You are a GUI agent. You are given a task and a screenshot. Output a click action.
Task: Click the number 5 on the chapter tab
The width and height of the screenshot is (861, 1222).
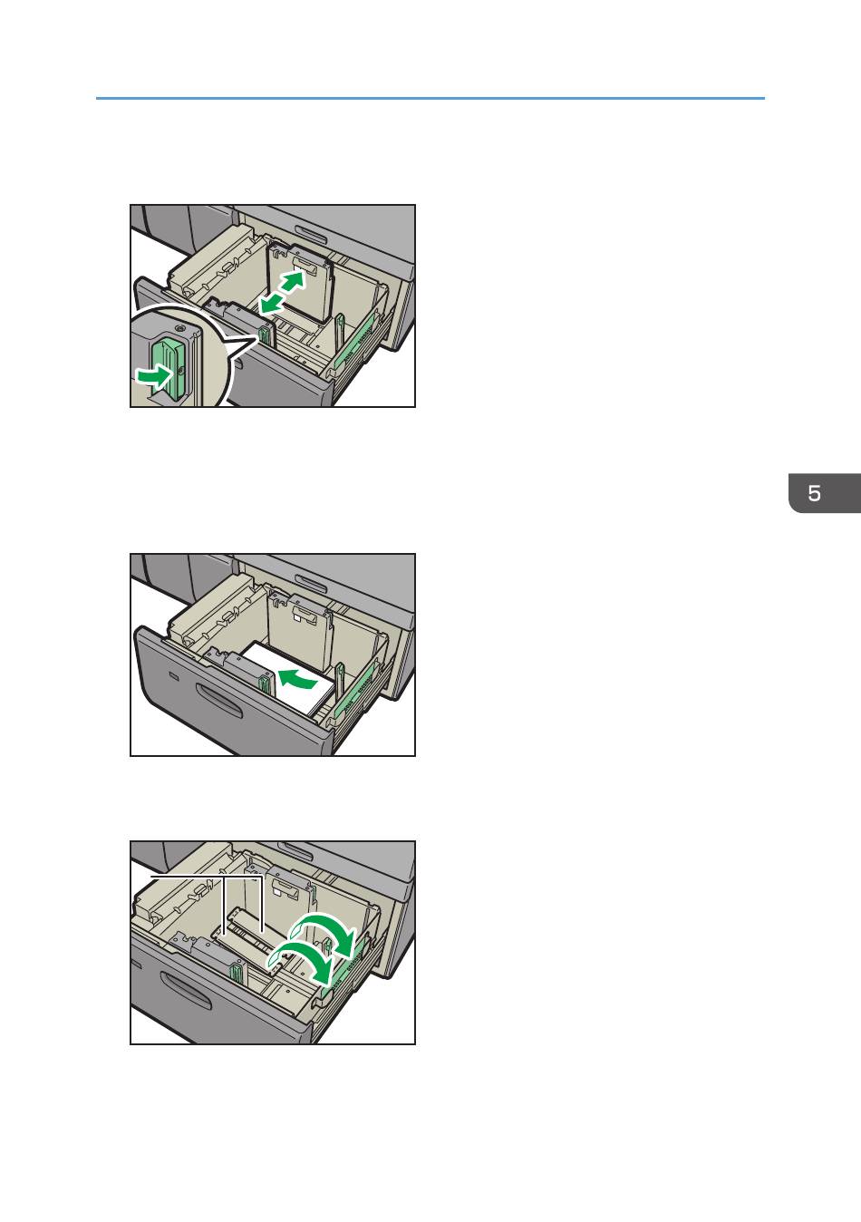coord(814,493)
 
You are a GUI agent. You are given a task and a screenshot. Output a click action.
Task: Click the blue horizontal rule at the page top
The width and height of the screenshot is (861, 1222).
coord(430,98)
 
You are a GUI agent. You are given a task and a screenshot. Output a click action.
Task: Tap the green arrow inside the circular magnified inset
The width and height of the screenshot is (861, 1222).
coord(154,376)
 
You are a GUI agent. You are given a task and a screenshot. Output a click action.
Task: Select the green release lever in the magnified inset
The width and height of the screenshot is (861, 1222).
coord(170,368)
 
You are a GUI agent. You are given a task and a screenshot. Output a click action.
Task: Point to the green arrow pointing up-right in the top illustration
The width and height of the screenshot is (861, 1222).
coord(293,281)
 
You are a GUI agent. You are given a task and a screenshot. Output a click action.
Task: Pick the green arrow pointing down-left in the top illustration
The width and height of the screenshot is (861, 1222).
coord(272,303)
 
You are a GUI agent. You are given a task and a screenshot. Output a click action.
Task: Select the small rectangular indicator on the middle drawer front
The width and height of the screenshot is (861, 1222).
coord(173,676)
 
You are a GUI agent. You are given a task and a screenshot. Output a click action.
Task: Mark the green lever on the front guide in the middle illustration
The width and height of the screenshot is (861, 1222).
coord(266,684)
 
